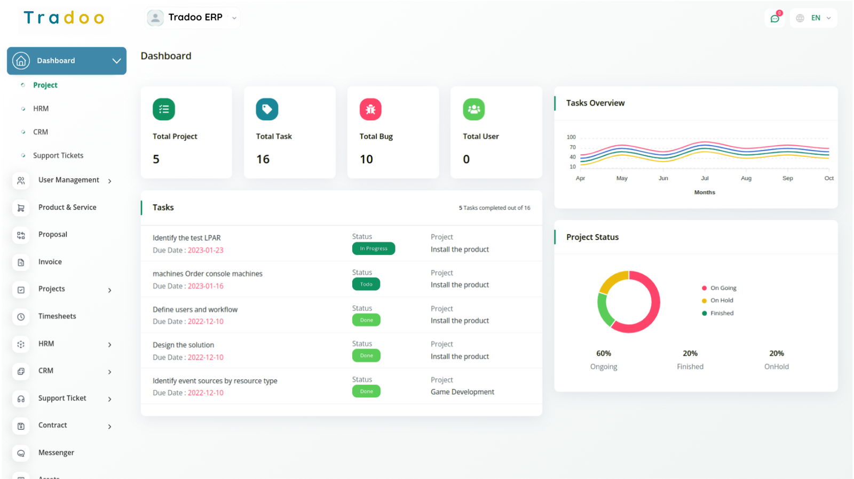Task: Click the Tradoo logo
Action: click(64, 18)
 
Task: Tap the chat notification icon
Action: click(774, 19)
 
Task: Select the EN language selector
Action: click(814, 18)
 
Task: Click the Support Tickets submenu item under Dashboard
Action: click(58, 156)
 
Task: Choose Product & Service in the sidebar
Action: click(67, 207)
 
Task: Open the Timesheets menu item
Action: click(57, 316)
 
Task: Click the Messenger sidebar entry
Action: click(56, 453)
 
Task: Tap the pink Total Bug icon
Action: click(370, 109)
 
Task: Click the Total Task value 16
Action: click(263, 159)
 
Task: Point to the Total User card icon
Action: click(473, 109)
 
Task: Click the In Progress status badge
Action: click(374, 249)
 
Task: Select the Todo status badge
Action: click(366, 284)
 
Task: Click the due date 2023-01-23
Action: click(205, 250)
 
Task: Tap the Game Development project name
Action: click(462, 392)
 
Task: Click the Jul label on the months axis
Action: click(705, 178)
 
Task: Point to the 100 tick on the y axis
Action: click(571, 137)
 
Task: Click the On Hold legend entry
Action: click(721, 300)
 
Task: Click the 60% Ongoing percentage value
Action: click(604, 354)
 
